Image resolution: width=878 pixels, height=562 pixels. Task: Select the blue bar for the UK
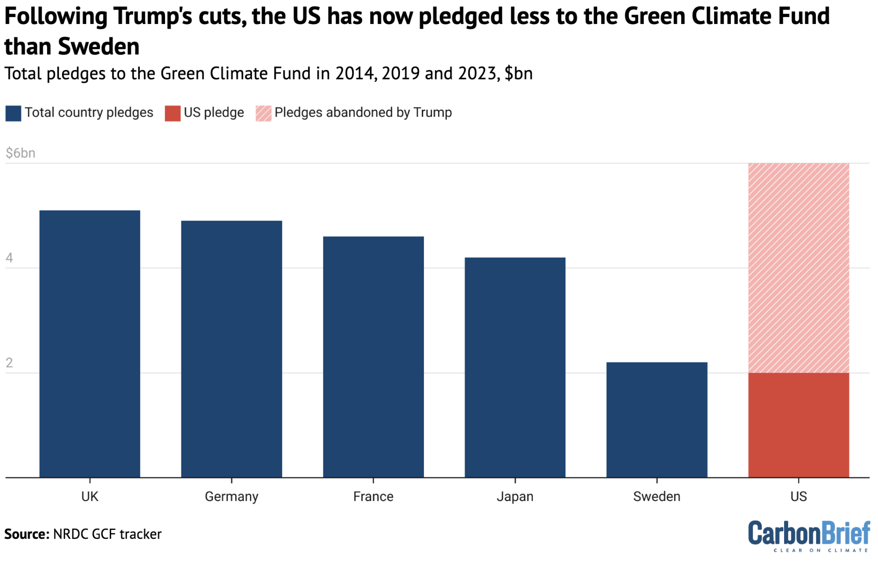click(x=90, y=343)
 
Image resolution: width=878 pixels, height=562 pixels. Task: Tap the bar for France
click(x=373, y=356)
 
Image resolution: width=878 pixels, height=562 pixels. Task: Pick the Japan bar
click(x=515, y=367)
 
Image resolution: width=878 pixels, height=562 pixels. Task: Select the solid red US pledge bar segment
click(x=798, y=425)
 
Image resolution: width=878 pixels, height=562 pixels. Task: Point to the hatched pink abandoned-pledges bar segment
click(x=798, y=268)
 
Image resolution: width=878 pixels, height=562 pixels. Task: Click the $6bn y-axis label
click(x=20, y=153)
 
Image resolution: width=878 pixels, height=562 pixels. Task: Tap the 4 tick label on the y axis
click(x=9, y=258)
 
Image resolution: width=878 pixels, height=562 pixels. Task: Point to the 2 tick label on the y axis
click(x=9, y=363)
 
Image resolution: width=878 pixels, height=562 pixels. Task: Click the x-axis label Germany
click(x=232, y=496)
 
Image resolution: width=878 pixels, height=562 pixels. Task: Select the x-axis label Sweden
click(x=656, y=496)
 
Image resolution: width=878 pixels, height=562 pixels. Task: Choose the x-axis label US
click(x=798, y=496)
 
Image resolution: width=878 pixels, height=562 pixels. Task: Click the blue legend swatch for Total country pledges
click(x=13, y=113)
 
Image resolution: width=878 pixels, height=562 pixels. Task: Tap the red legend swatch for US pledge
click(x=172, y=113)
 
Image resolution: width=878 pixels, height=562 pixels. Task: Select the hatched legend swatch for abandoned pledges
click(x=263, y=113)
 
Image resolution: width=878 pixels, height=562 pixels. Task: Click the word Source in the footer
click(x=27, y=534)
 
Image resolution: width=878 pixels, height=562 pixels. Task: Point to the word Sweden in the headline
click(x=99, y=46)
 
